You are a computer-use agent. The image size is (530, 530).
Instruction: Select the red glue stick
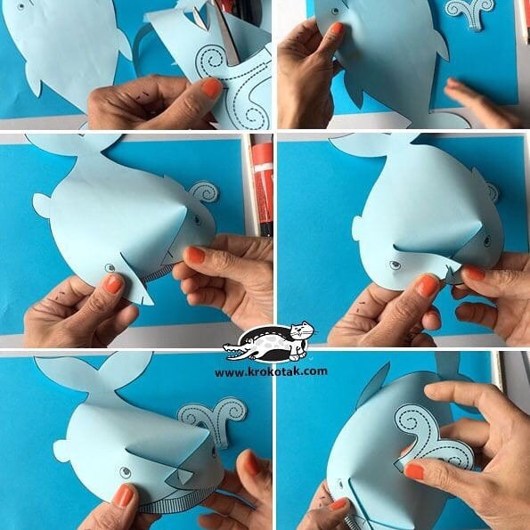[x=262, y=186]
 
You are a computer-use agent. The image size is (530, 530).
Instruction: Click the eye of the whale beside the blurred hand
[x=335, y=11]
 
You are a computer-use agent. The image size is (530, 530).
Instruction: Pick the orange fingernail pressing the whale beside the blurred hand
[x=337, y=29]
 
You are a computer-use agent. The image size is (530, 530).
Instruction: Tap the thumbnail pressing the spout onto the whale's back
[x=414, y=471]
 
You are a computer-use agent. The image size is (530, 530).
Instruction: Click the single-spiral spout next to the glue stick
[x=204, y=192]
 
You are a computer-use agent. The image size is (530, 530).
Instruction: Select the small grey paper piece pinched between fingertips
[x=452, y=275]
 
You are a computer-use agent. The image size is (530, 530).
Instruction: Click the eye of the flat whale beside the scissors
[x=21, y=6]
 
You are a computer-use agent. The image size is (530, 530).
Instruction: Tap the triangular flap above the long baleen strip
[x=182, y=477]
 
